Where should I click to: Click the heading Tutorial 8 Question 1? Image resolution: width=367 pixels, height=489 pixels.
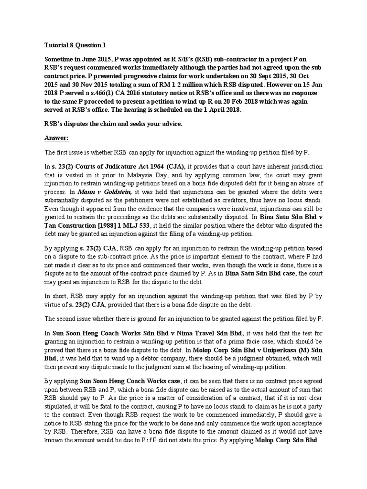click(x=76, y=45)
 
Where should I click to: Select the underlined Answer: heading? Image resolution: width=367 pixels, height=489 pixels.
click(x=56, y=138)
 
